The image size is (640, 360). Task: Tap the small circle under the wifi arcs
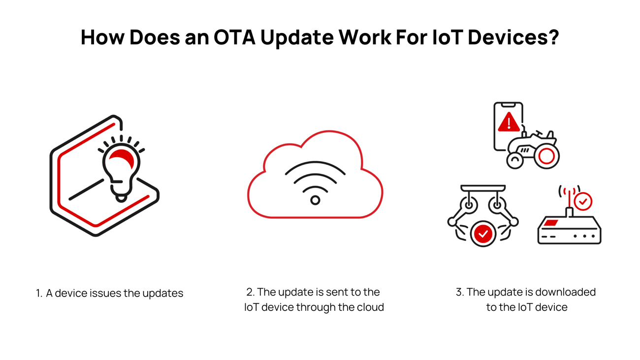click(x=315, y=200)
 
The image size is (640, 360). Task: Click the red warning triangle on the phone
click(x=509, y=122)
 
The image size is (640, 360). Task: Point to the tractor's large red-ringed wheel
click(x=546, y=156)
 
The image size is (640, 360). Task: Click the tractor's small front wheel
click(x=515, y=160)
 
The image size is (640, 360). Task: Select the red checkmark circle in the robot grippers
click(x=483, y=234)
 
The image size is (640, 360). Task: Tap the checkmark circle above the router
click(x=583, y=201)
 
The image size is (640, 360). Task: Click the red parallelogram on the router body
click(x=551, y=223)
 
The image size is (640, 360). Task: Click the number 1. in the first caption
click(x=39, y=294)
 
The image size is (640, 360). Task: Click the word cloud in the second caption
click(x=371, y=307)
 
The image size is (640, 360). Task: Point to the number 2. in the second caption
click(x=250, y=292)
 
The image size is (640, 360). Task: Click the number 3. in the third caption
click(x=460, y=292)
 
